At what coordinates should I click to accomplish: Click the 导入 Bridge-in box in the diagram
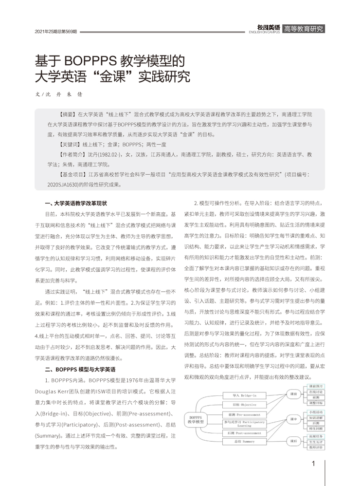coord(241,395)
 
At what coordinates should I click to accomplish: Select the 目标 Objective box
coord(241,404)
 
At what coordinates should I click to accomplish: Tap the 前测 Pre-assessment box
coord(241,414)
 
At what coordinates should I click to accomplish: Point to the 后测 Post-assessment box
coord(241,432)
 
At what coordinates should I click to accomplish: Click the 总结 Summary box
coord(241,441)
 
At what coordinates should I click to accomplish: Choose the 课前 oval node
coord(293,393)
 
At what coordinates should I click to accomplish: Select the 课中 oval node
coord(293,419)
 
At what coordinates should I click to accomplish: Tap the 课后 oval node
coord(293,441)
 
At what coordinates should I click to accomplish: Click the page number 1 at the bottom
coord(314,463)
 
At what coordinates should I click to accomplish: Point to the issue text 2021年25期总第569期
coord(56,32)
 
